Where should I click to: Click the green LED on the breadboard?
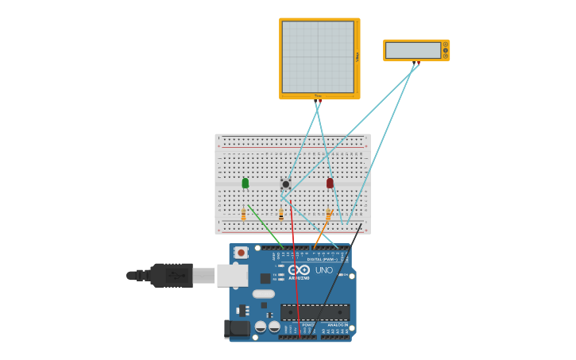pos(245,183)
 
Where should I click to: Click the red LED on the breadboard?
pos(330,183)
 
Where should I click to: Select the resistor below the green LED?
pos(243,215)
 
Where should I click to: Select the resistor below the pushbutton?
pos(280,215)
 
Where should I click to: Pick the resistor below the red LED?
pos(328,215)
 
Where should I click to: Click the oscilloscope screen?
pos(318,56)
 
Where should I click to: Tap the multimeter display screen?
pos(412,50)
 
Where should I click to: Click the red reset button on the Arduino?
pos(241,253)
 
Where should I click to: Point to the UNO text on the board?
pos(324,270)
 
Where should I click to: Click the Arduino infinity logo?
pos(299,270)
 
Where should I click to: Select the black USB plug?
pos(171,275)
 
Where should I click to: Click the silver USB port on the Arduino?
pos(231,275)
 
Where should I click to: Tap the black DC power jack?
pos(237,327)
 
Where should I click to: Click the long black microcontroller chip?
pos(315,312)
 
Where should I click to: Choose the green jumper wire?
pos(265,226)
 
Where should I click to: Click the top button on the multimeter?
pos(446,45)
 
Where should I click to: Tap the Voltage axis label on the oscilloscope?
pos(358,56)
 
